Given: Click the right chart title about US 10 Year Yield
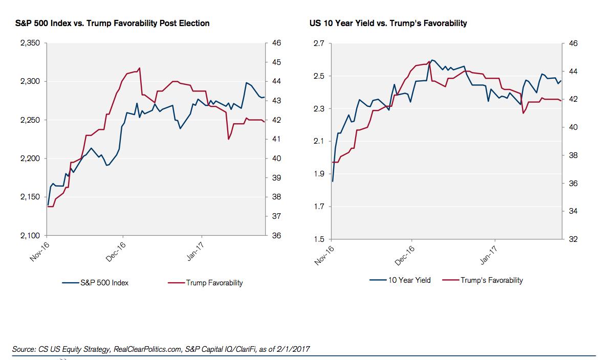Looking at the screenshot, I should tap(388, 24).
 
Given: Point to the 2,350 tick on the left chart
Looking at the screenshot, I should tap(30, 43).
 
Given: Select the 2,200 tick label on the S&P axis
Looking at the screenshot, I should tap(30, 159).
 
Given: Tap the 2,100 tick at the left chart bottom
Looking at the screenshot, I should tap(30, 236).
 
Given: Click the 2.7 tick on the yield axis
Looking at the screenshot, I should tap(319, 43).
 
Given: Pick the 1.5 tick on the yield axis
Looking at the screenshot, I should tap(319, 239).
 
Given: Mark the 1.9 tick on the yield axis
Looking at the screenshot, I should tap(319, 174).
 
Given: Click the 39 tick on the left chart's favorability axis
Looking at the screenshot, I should tap(276, 178).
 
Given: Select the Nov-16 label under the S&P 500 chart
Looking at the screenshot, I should tap(40, 252).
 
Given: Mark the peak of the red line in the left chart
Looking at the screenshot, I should tap(139, 68).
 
